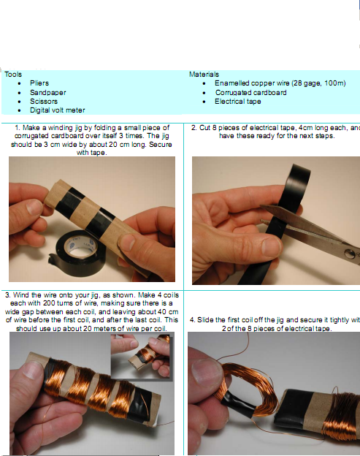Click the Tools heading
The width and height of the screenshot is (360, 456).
click(12, 74)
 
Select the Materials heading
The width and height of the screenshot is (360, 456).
click(204, 74)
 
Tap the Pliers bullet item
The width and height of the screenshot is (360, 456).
click(39, 83)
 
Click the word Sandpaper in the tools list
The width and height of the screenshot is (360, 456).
click(46, 93)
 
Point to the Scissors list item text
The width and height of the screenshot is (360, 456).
click(43, 102)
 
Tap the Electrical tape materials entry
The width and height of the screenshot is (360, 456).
click(237, 102)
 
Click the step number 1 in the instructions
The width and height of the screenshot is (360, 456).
click(17, 128)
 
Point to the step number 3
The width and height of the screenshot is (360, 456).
click(7, 294)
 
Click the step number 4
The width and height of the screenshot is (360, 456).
click(191, 319)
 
